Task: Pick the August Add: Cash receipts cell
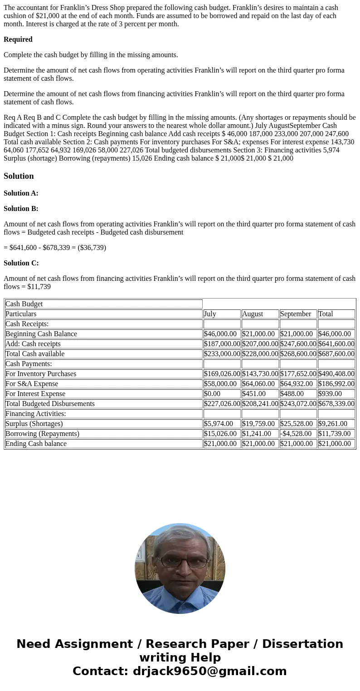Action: point(260,344)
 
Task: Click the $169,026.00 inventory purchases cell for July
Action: point(222,374)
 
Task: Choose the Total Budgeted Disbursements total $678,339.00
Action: point(336,404)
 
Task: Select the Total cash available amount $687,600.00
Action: point(336,354)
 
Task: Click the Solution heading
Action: point(19,176)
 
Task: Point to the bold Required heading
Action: point(18,39)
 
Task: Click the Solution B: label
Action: point(21,209)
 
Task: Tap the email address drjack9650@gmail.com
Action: point(209,671)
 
